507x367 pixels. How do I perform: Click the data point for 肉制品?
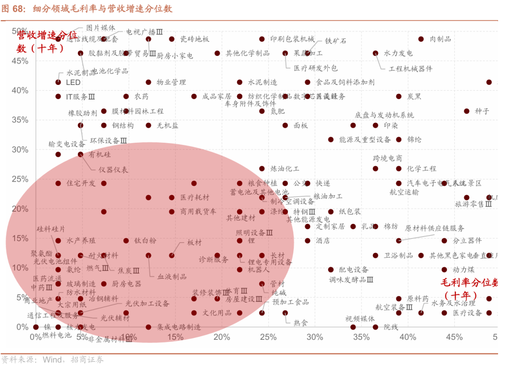click(x=421, y=39)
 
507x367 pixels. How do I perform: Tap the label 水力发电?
click(x=398, y=54)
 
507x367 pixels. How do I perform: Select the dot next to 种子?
click(x=467, y=111)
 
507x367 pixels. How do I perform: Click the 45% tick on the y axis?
click(x=20, y=61)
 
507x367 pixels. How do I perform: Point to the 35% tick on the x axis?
click(x=361, y=337)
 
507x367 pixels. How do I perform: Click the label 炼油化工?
click(x=285, y=169)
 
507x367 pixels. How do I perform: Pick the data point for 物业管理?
click(x=148, y=82)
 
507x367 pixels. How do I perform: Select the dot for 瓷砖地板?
click(x=172, y=39)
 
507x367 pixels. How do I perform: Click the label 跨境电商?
click(x=387, y=159)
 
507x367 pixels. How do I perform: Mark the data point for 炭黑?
click(x=399, y=96)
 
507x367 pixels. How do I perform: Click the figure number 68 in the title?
click(x=23, y=9)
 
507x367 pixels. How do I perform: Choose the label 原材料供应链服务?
click(x=435, y=229)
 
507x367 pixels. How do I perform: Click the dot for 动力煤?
click(x=444, y=270)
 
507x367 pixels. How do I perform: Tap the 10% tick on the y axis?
click(x=20, y=268)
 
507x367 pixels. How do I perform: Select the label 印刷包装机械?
click(x=292, y=39)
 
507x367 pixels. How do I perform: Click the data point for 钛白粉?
click(x=126, y=241)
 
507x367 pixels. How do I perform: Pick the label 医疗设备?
click(x=468, y=313)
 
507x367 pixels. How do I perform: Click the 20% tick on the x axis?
click(x=222, y=337)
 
